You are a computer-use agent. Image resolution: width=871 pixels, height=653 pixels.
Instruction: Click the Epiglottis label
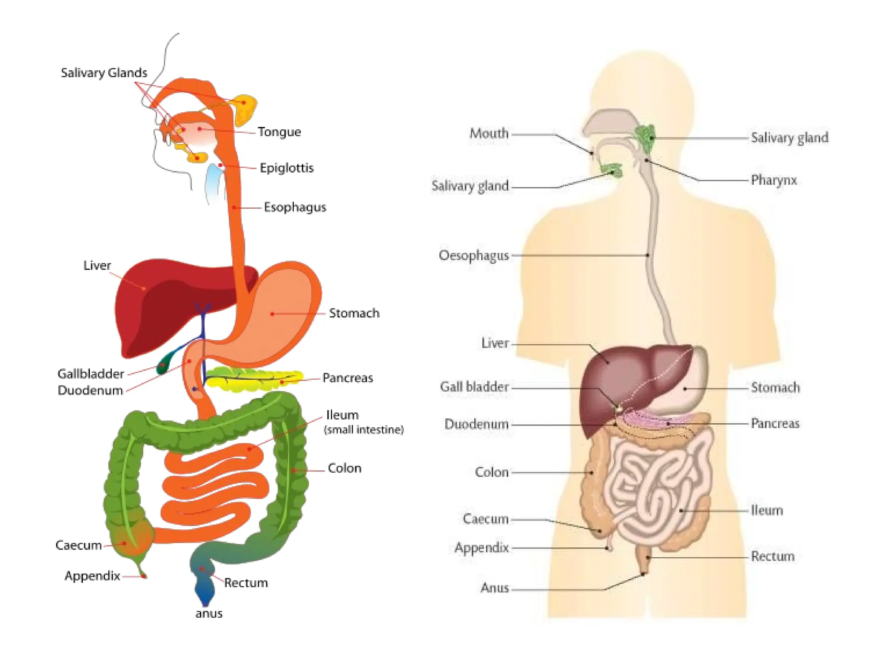287,168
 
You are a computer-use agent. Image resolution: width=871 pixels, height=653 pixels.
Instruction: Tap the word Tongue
279,132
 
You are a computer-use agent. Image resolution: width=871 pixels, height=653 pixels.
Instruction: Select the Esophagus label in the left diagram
295,207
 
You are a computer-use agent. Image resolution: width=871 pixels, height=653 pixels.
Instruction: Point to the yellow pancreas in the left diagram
255,379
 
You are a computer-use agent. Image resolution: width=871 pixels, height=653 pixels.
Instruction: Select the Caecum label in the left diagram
79,545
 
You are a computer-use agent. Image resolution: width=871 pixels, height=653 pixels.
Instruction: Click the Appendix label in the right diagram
481,548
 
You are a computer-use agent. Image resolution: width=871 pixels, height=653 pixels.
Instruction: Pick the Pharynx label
774,180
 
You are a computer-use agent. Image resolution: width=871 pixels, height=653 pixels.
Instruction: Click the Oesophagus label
474,256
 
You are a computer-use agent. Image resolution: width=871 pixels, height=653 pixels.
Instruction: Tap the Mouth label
489,133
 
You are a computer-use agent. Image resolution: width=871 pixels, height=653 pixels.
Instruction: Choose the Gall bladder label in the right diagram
474,387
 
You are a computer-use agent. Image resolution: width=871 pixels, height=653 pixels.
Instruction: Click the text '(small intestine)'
364,430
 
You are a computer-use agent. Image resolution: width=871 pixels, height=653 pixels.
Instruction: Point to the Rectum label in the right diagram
772,556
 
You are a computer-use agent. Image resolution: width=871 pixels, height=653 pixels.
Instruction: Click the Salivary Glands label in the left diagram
104,73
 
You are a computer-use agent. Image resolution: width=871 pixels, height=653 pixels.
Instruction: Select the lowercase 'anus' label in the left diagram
209,613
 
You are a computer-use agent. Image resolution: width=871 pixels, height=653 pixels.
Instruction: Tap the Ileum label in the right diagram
766,510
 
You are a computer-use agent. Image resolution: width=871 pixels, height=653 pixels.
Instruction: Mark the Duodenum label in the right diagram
476,424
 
